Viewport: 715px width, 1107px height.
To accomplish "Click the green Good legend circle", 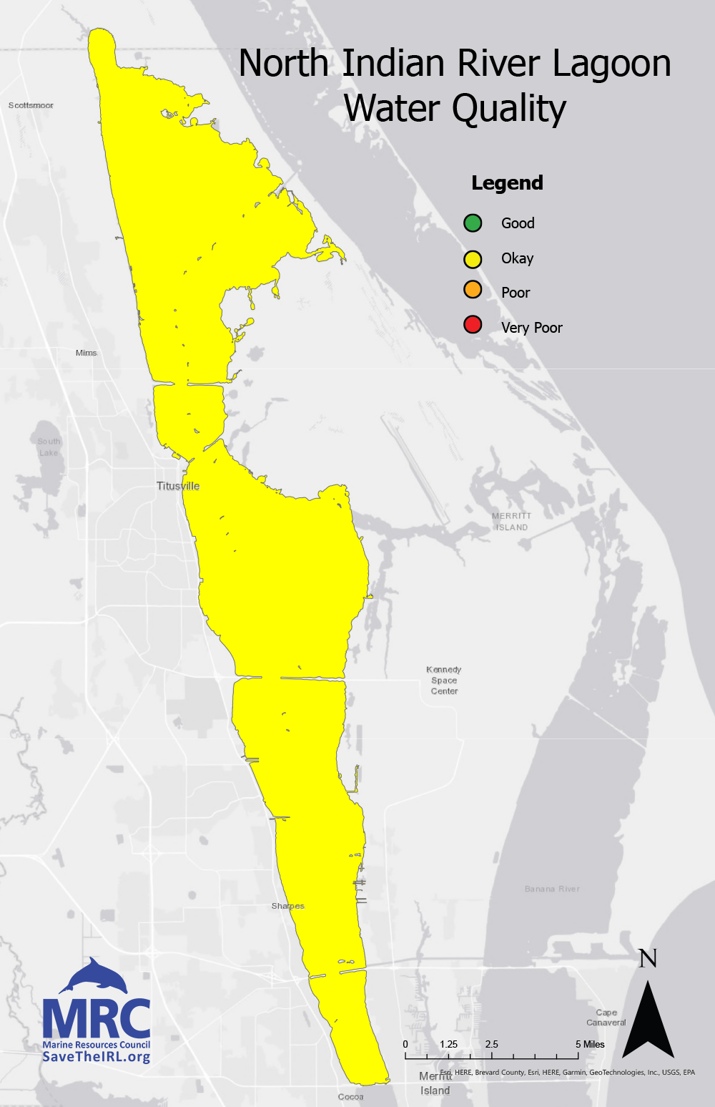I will pyautogui.click(x=473, y=223).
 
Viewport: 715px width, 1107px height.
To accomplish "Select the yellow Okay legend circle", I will pyautogui.click(x=473, y=258).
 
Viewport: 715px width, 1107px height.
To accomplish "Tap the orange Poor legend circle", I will pyautogui.click(x=473, y=290).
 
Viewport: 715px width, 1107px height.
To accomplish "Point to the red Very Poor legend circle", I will pyautogui.click(x=473, y=325).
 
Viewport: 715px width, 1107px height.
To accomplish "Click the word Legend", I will pyautogui.click(x=507, y=183).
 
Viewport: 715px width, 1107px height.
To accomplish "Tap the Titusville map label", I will pyautogui.click(x=178, y=486).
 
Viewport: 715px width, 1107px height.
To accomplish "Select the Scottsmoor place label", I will pyautogui.click(x=31, y=105).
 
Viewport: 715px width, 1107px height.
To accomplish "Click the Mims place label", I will pyautogui.click(x=86, y=353).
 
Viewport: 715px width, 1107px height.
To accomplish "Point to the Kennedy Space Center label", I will pyautogui.click(x=444, y=681).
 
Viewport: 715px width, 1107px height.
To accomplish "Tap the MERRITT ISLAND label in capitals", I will pyautogui.click(x=511, y=522).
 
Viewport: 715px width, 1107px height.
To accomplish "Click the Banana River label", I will pyautogui.click(x=552, y=889).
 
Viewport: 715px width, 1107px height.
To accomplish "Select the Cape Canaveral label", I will pyautogui.click(x=606, y=1018).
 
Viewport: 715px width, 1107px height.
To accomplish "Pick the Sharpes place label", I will pyautogui.click(x=287, y=906).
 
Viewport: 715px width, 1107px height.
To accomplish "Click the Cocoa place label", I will pyautogui.click(x=350, y=1096).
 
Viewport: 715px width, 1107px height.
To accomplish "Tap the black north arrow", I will pyautogui.click(x=648, y=1023).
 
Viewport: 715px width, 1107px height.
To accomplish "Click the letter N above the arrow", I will pyautogui.click(x=648, y=958).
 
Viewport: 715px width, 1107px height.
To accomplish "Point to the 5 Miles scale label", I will pyautogui.click(x=590, y=1044).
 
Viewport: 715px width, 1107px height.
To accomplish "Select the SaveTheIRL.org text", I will pyautogui.click(x=97, y=1057).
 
